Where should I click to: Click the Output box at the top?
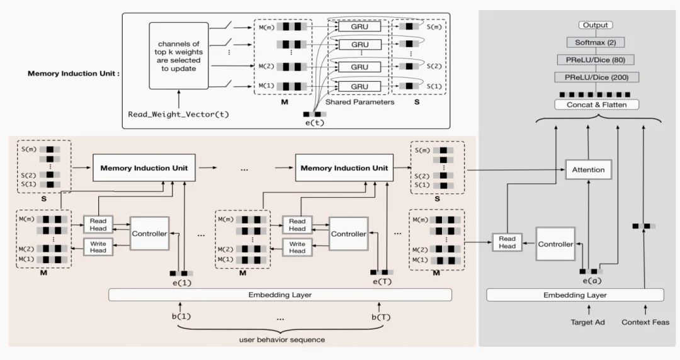595,25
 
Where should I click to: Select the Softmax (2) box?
596,42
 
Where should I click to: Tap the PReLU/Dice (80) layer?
596,60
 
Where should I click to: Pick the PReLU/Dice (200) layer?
596,77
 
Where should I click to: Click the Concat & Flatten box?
596,104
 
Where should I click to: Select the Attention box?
588,169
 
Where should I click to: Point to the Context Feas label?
645,322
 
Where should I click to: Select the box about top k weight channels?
178,55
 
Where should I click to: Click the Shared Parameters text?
360,102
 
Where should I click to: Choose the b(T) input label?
381,317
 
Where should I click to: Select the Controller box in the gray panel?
555,244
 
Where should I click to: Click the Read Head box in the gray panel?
507,242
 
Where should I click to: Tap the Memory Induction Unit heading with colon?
74,74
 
